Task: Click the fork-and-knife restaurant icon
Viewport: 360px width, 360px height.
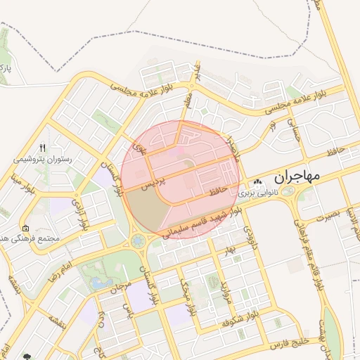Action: (x=42, y=148)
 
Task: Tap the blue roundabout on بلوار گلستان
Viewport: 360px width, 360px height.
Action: (x=137, y=242)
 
